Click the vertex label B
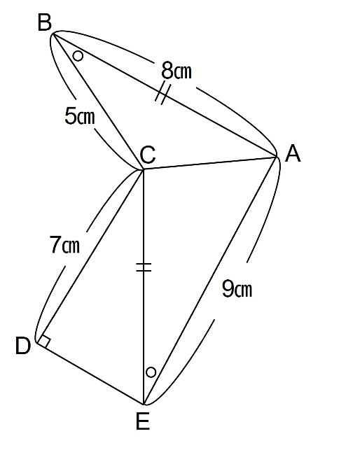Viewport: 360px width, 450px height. click(45, 23)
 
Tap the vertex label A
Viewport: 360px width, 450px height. click(293, 153)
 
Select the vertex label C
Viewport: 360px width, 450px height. click(148, 155)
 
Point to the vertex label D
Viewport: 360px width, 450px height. click(23, 346)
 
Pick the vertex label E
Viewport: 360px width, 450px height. click(143, 421)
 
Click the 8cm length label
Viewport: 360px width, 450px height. click(176, 71)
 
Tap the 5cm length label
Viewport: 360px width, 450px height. click(80, 116)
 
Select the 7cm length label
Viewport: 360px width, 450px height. click(64, 244)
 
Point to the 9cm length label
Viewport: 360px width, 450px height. click(237, 289)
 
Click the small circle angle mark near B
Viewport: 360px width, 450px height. click(78, 56)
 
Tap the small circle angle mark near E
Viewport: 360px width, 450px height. click(151, 372)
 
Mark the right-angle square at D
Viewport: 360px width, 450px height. click(44, 341)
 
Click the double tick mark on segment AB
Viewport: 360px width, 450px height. click(163, 94)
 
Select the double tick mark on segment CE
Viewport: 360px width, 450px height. click(144, 267)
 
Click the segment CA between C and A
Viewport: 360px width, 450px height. click(209, 163)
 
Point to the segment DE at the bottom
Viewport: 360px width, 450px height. click(90, 373)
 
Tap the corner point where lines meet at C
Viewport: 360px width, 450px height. click(143, 170)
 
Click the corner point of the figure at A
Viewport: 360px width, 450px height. click(277, 156)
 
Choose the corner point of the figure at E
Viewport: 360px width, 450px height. click(144, 405)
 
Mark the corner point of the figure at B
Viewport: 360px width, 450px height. click(53, 34)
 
